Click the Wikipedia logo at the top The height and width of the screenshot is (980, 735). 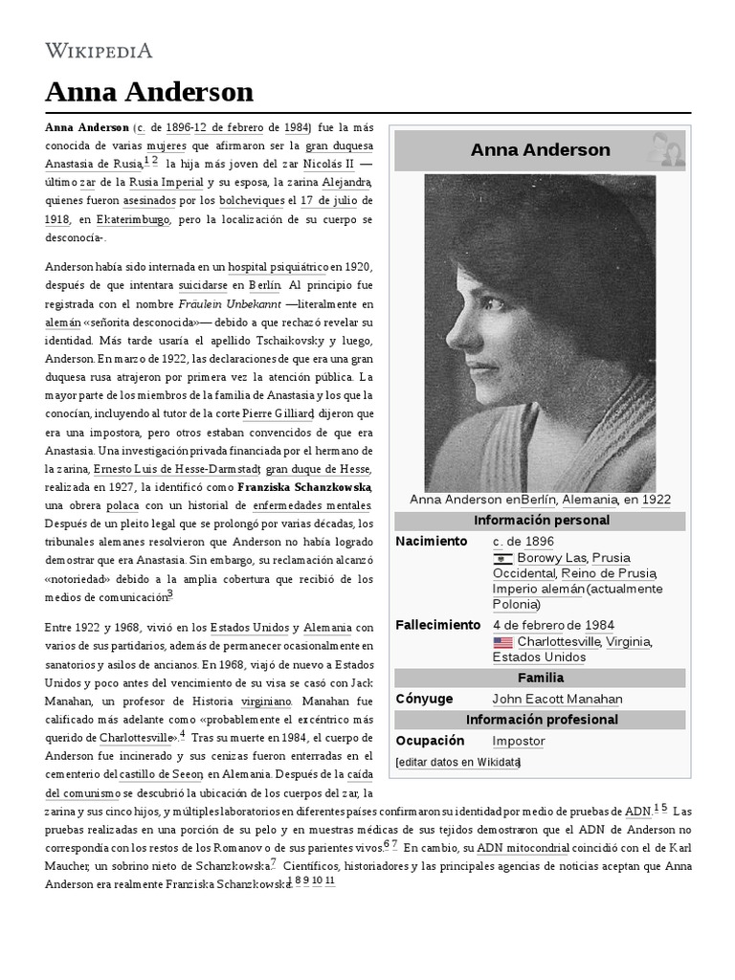tap(99, 50)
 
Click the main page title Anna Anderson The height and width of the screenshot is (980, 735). tap(148, 92)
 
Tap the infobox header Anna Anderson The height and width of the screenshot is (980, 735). tap(540, 150)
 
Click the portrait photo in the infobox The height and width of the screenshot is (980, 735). tap(540, 333)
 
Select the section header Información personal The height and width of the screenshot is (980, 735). tap(540, 521)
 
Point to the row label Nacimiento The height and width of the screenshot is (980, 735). tap(431, 542)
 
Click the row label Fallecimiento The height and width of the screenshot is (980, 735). tap(437, 626)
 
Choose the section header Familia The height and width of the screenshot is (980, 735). tap(540, 679)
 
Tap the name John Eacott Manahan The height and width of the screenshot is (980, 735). tap(557, 700)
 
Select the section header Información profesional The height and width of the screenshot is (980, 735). tap(540, 720)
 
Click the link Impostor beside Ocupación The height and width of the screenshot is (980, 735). tap(518, 742)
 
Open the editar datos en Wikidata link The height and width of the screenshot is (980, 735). tap(458, 763)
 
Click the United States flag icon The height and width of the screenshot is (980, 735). tap(502, 642)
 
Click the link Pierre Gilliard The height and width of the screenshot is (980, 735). tap(278, 413)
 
